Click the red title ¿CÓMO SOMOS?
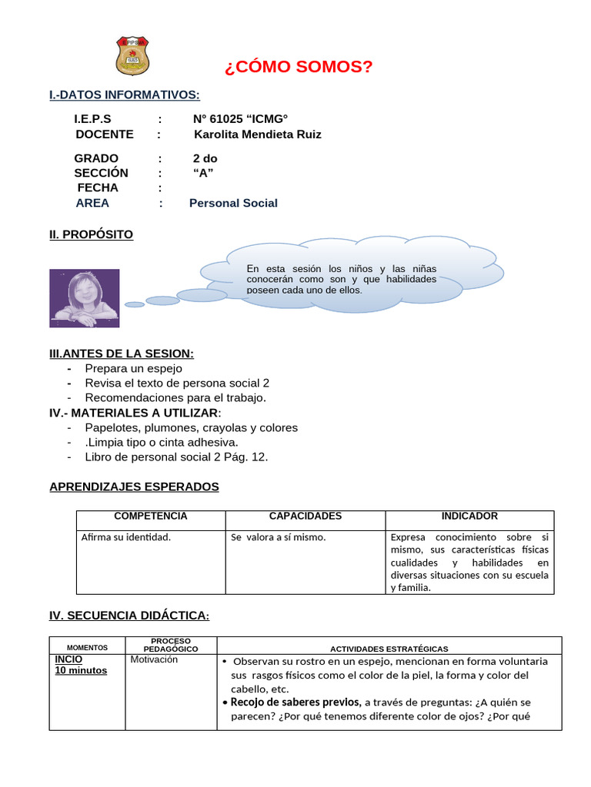coord(298,68)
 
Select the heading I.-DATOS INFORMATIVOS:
coord(124,95)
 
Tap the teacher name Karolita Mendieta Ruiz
coord(258,134)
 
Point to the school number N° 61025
coord(223,119)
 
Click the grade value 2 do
coord(205,158)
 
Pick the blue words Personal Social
coord(233,203)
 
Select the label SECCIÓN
coord(101,173)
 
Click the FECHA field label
coord(98,188)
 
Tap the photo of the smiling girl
coord(84,297)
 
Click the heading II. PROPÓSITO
coord(91,234)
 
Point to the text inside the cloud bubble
coord(341,279)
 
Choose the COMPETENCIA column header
coord(151,516)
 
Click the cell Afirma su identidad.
coord(125,537)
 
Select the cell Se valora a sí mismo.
coord(279,537)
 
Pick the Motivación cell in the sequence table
coord(154,659)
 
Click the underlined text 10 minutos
coord(81,670)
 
